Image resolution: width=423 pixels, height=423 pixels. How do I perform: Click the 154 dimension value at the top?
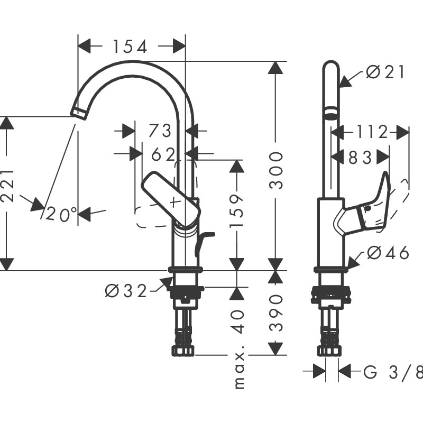tap(130, 47)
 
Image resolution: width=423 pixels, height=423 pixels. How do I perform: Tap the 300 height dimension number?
tap(276, 170)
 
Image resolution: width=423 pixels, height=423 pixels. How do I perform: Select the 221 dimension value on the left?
tap(6, 186)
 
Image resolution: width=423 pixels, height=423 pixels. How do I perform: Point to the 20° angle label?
tap(61, 215)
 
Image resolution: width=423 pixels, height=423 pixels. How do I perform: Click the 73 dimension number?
tap(160, 131)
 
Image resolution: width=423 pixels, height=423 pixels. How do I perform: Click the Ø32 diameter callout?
tap(126, 291)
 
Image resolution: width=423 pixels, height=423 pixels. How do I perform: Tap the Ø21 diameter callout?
tap(385, 72)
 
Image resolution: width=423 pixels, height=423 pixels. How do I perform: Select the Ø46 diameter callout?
tap(388, 253)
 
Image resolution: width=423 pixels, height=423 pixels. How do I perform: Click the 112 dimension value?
tap(372, 132)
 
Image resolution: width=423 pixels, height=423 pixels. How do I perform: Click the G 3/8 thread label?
tap(393, 373)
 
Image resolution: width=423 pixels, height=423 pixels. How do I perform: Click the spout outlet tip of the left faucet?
tap(79, 113)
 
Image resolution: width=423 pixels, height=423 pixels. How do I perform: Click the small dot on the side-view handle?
tap(367, 208)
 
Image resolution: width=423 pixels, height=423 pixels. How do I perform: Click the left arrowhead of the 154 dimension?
tap(85, 46)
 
